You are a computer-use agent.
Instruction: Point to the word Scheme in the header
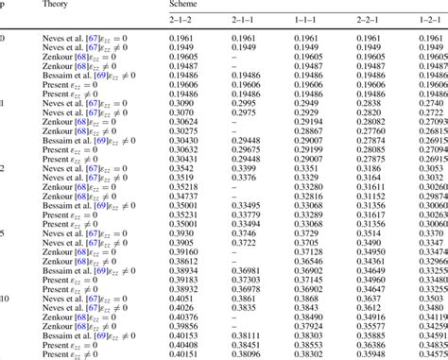click(x=182, y=5)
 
